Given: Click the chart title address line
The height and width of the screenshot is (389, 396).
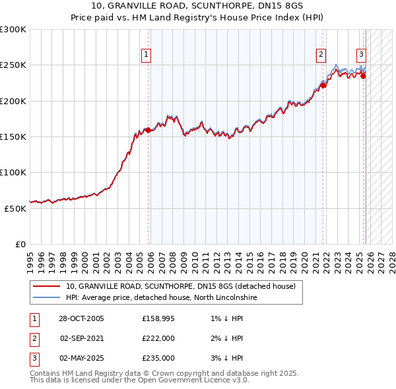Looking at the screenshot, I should coord(197,6).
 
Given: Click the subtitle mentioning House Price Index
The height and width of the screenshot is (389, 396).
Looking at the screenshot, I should coord(197,17).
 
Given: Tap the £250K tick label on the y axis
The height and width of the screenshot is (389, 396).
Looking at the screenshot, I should coord(13,65).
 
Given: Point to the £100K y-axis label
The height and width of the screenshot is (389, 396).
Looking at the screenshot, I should coord(13,172).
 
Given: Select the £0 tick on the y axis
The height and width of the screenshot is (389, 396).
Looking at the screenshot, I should coord(20,244).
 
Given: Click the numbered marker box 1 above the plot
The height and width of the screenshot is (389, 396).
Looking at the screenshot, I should coord(145,55).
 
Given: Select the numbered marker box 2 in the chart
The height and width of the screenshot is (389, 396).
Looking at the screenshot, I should coord(321,55).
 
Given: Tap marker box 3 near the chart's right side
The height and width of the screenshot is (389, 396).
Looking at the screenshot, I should coord(362,55).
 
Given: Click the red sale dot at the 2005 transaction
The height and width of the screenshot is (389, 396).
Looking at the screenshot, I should coord(148,130).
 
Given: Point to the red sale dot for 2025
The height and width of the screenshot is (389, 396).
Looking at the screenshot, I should coord(363,76).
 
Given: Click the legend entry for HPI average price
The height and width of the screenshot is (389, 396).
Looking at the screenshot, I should coord(161,298).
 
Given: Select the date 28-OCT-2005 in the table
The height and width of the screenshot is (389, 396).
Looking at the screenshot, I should coord(81,319).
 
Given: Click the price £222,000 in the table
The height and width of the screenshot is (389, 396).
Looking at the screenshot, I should coord(158,338).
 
